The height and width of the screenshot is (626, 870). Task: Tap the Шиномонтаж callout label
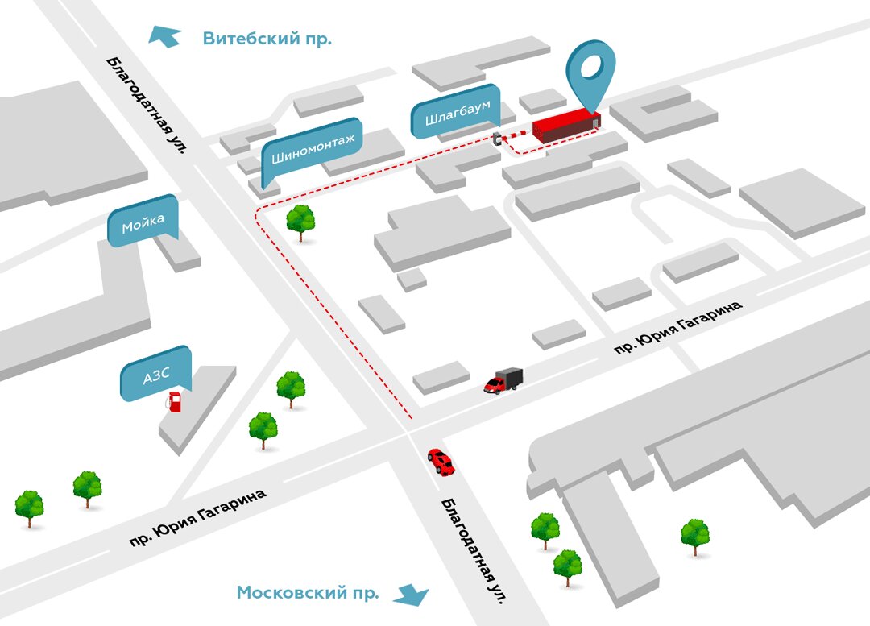coord(312,151)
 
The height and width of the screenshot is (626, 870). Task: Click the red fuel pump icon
coord(174,401)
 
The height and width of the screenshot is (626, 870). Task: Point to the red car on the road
coord(441,462)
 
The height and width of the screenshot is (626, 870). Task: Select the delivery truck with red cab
coord(503,380)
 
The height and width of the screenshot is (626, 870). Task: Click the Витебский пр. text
coord(267,39)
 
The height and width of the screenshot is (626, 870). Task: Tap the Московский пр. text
coord(307,594)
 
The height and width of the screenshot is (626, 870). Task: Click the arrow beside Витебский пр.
coord(166,36)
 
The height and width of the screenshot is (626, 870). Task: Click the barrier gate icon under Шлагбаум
coord(498,139)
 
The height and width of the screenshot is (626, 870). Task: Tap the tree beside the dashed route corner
coord(301,221)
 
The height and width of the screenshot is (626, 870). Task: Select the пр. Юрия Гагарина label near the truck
coord(677,323)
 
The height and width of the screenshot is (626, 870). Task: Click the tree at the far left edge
coord(30,508)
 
